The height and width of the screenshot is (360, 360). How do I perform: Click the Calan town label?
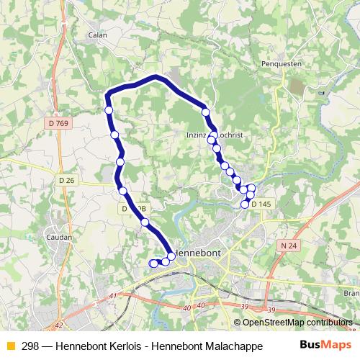(97, 34)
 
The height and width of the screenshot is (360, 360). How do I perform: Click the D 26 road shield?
(67, 179)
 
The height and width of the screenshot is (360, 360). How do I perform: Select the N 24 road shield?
(288, 246)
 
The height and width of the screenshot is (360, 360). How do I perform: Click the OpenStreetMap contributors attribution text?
(297, 323)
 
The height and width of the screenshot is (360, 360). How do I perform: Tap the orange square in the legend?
(11, 346)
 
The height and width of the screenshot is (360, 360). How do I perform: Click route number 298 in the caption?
(31, 346)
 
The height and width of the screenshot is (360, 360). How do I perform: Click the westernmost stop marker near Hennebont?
(153, 264)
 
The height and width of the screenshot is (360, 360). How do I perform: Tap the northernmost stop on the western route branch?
(109, 110)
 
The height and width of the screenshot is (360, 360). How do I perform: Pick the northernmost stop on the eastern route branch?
(206, 112)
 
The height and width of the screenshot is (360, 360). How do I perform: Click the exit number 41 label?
(112, 295)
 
